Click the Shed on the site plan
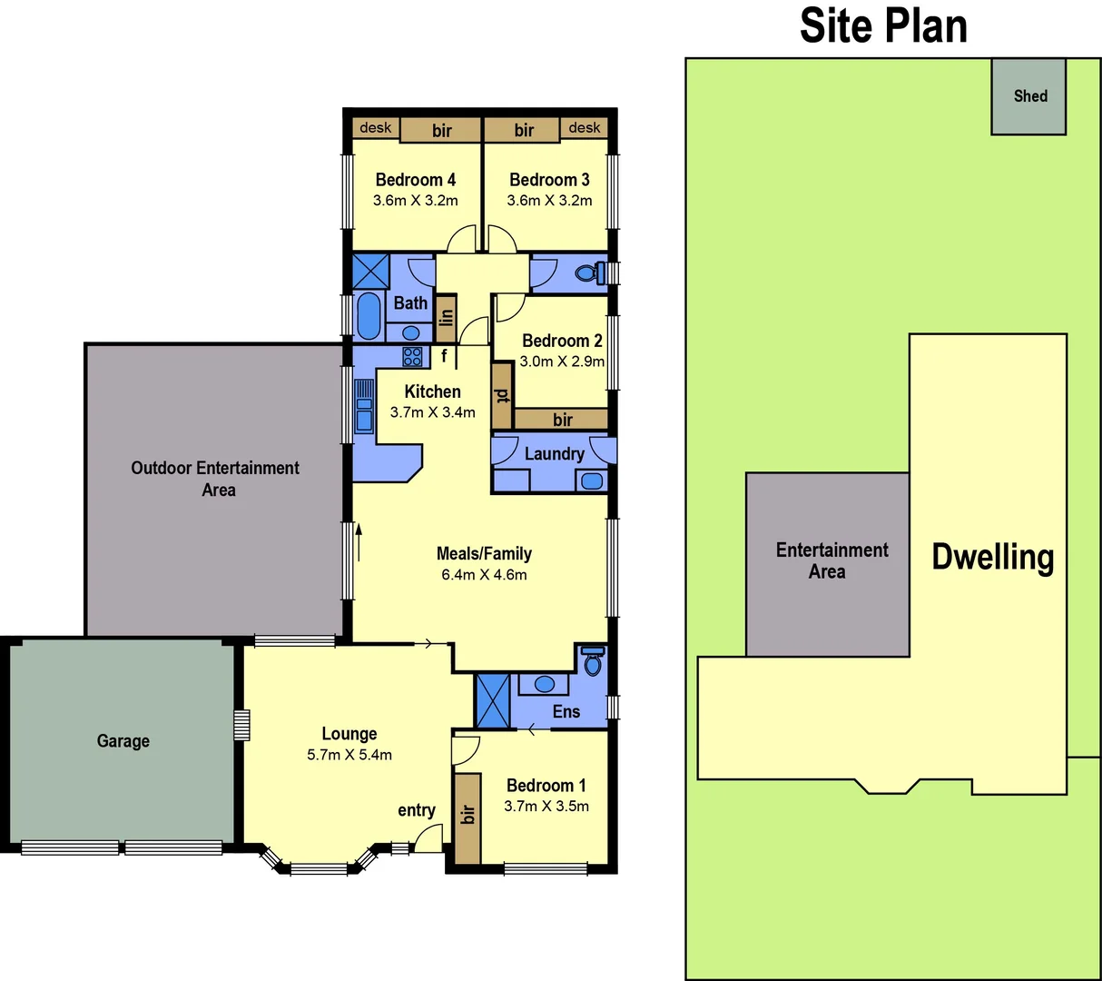[1028, 96]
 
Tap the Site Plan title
[882, 26]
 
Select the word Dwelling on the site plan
[992, 557]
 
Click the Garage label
[123, 741]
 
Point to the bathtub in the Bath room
[369, 315]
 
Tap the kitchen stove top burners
[412, 356]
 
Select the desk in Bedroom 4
[375, 128]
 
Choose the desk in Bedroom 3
[584, 128]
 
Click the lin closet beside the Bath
[446, 317]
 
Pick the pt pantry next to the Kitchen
[501, 395]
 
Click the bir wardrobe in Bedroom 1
[467, 818]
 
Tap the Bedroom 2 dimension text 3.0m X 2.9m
[562, 362]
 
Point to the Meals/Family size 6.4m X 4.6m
[484, 575]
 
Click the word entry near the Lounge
[416, 810]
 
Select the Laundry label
[554, 454]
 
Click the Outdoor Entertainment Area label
[215, 479]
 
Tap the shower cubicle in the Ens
[493, 700]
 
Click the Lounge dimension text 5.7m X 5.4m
[349, 755]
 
